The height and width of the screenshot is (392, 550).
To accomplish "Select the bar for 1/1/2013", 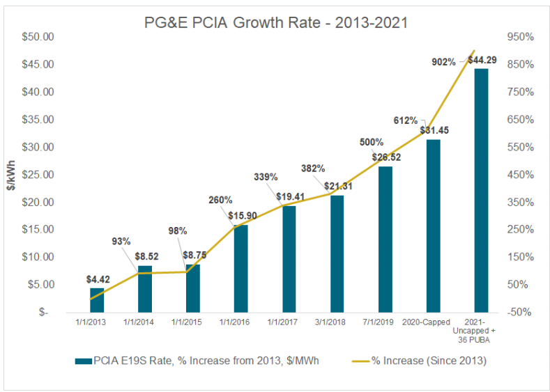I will click(97, 300).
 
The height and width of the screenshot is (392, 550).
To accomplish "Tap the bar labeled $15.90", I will click(240, 268).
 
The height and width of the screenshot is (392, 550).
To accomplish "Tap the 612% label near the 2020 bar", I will click(405, 120).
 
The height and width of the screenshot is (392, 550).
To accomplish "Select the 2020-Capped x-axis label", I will click(433, 322).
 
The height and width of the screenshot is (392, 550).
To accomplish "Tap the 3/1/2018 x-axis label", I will click(337, 322).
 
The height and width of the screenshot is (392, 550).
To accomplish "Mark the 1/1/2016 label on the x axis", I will click(240, 322).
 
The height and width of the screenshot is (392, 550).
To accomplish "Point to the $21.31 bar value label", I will click(337, 187).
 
